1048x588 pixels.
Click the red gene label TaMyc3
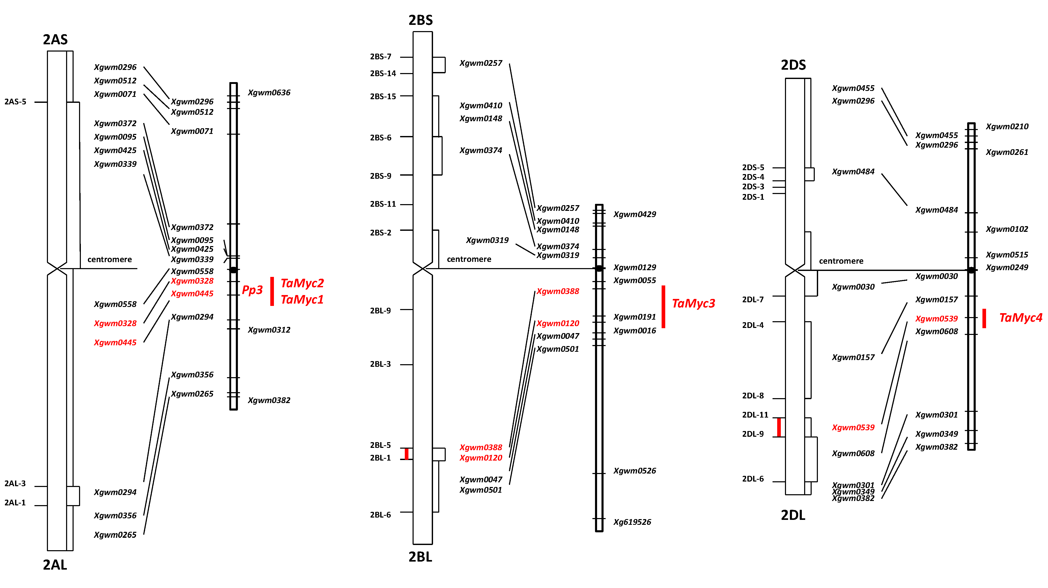coord(693,303)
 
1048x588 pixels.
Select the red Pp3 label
coord(252,290)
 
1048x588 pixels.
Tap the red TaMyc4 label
coord(1020,318)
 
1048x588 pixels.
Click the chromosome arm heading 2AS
coord(55,39)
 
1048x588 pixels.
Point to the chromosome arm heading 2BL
coord(420,557)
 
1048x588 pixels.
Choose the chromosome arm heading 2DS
coord(793,65)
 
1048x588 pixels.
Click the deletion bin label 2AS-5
coord(16,102)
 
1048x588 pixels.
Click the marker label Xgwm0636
coord(269,93)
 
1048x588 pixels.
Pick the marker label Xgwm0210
coord(1007,126)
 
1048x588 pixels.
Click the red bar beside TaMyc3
coord(663,307)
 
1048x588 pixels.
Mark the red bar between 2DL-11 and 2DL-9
coord(779,427)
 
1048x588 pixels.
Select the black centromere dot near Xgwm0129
coord(599,268)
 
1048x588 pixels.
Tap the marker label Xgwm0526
coord(634,471)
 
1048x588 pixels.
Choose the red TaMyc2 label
coord(302,283)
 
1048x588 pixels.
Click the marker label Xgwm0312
coord(269,330)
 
